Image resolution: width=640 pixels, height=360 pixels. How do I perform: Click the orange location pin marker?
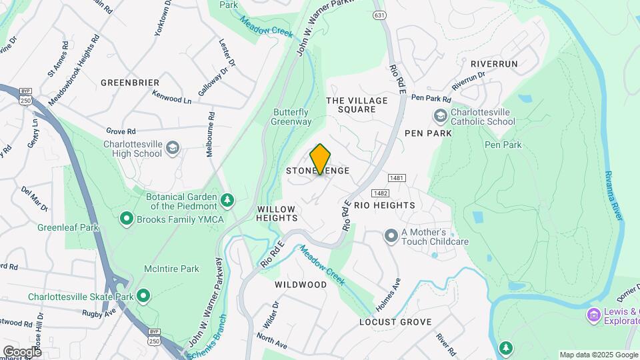[321, 159]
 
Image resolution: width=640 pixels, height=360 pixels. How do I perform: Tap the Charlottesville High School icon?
[173, 147]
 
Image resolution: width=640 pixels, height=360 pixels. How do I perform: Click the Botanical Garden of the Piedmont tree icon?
[228, 199]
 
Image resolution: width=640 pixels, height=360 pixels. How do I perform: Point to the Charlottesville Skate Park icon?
[143, 295]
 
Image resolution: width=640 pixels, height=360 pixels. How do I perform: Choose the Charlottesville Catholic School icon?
[440, 117]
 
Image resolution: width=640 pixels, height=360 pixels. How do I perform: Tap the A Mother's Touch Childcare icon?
[391, 235]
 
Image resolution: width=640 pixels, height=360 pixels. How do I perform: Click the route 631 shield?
[380, 15]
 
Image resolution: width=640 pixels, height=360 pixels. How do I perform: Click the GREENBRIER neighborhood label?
[130, 83]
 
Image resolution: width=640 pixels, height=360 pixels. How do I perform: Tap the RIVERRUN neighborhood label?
[494, 63]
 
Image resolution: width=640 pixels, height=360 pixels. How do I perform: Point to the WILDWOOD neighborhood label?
[301, 285]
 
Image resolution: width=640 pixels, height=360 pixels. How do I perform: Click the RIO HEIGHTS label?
[385, 205]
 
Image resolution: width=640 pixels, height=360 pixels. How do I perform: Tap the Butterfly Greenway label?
[291, 117]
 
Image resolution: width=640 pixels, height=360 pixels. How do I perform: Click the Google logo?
[22, 351]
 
